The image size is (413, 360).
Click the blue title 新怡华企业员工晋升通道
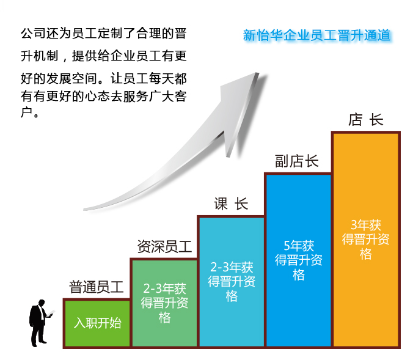pyautogui.click(x=316, y=35)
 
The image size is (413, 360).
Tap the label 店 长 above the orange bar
pyautogui.click(x=365, y=120)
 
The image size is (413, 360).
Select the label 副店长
pyautogui.click(x=297, y=161)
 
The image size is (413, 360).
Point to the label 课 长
pyautogui.click(x=231, y=204)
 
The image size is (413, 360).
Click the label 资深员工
pyautogui.click(x=164, y=247)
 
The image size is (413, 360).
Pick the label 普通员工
pyautogui.click(x=97, y=287)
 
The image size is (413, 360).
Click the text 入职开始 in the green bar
pyautogui.click(x=98, y=323)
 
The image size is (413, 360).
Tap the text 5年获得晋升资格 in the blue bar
pyautogui.click(x=299, y=260)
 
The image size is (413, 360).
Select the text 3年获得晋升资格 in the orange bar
pyautogui.click(x=365, y=240)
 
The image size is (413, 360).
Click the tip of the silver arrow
pyautogui.click(x=258, y=73)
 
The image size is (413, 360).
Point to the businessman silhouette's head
pyautogui.click(x=42, y=303)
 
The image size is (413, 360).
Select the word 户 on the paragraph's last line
pyautogui.click(x=26, y=112)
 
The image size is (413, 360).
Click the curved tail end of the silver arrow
pyautogui.click(x=84, y=210)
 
